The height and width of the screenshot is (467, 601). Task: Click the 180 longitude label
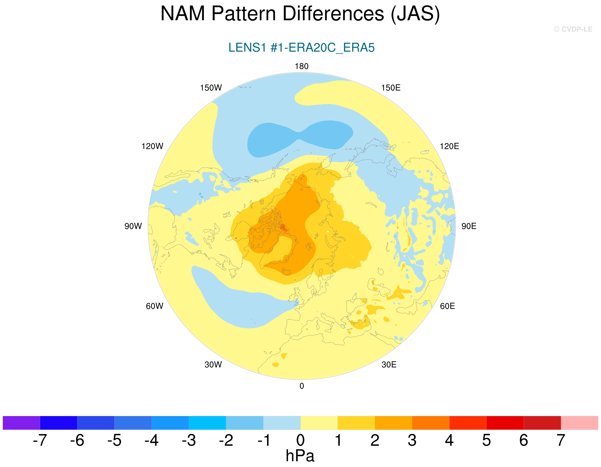(302, 66)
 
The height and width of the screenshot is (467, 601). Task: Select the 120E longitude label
(449, 146)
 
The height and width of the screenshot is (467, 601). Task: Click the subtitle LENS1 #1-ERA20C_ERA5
(301, 48)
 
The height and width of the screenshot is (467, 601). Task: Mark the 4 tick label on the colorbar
(449, 440)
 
